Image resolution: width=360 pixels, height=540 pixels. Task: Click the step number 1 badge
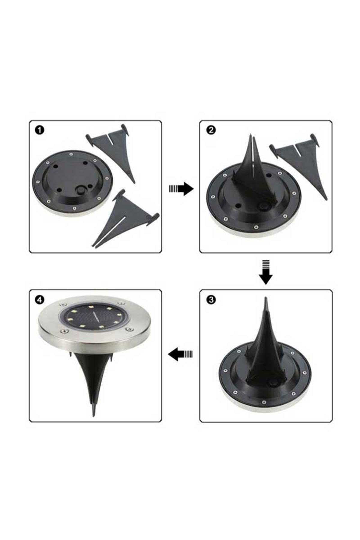point(40,130)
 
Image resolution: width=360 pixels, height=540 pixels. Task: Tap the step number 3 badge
point(211,300)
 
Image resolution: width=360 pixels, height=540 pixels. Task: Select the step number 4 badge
point(40,299)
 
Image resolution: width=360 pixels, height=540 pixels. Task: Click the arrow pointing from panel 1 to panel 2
point(181,188)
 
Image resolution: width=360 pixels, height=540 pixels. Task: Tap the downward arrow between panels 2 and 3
point(266,272)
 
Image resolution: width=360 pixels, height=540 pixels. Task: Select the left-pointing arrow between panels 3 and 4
point(181,354)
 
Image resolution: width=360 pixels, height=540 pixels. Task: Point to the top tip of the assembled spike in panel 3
point(265,298)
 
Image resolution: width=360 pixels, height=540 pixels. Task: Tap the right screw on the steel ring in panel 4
point(130,330)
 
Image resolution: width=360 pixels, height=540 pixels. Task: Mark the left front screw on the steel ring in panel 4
point(64,331)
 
